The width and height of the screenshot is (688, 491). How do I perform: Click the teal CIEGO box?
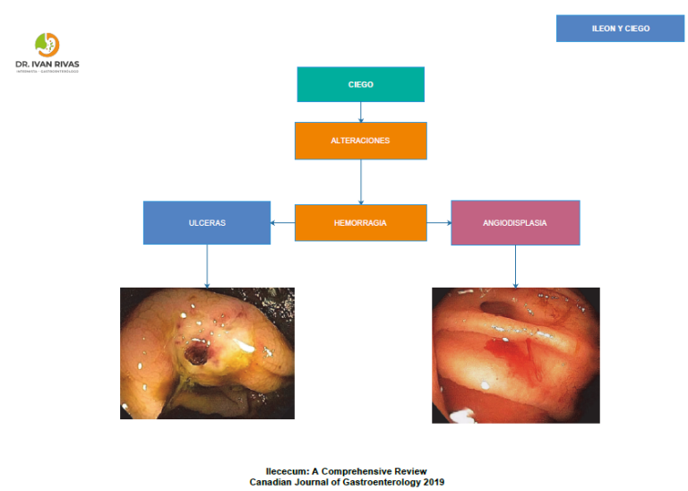360,84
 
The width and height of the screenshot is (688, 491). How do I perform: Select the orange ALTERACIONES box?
360,141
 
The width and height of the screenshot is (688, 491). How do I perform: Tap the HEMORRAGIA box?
360,223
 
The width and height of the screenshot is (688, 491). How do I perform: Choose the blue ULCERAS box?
207,223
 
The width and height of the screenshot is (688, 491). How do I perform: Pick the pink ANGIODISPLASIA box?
515,223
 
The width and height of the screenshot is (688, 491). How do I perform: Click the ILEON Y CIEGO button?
620,29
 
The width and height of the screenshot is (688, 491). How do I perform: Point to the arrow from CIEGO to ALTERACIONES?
361,112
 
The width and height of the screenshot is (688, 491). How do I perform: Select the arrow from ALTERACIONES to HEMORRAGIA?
361,182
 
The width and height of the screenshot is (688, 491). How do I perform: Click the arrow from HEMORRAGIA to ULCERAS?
283,223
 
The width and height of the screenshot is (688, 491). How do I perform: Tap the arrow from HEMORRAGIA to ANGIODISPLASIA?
439,223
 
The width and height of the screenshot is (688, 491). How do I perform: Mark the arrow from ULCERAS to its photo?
207,265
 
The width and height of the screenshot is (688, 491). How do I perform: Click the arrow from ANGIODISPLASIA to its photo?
515,266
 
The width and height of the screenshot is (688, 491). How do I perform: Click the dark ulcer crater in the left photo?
195,357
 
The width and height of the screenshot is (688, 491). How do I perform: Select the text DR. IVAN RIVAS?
47,65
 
